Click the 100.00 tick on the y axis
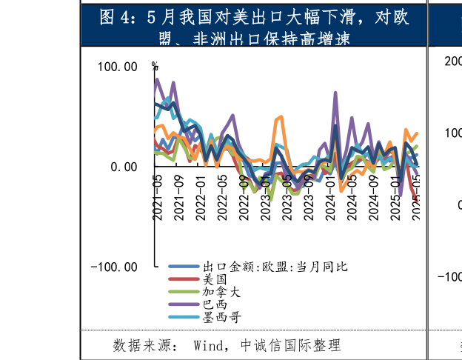click(x=117, y=67)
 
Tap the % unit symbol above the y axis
click(x=155, y=66)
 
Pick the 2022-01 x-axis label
click(x=201, y=197)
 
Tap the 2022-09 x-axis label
click(x=244, y=197)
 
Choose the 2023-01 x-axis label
click(x=265, y=197)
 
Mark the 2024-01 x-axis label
click(x=329, y=197)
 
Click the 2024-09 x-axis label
click(x=373, y=197)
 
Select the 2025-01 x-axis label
click(x=395, y=197)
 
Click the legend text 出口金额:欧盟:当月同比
click(x=275, y=267)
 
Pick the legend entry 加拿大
click(x=221, y=292)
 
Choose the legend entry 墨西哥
click(x=221, y=317)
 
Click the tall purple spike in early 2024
click(x=335, y=94)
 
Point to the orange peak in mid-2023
click(x=281, y=116)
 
